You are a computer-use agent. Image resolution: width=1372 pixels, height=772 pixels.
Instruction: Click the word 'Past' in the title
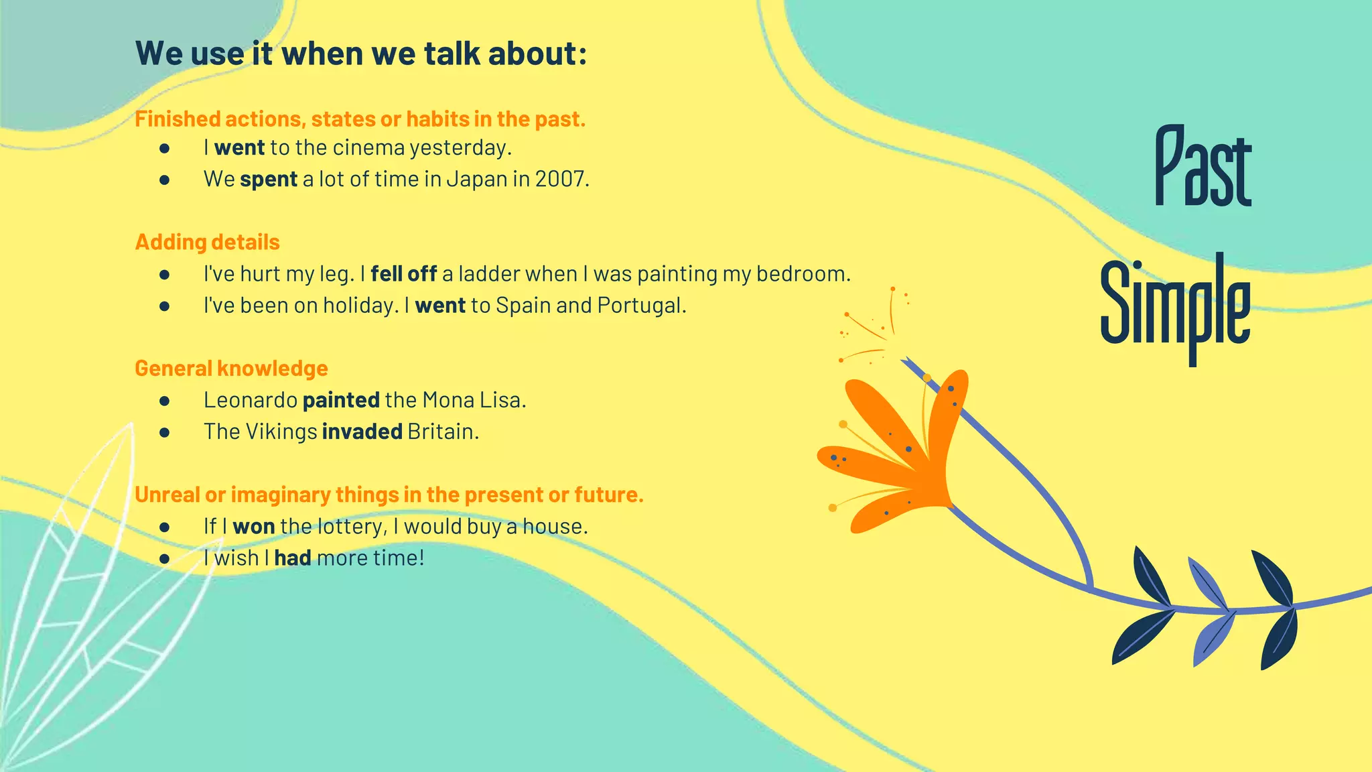1203,168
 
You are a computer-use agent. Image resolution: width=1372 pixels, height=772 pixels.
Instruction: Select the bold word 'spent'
268,180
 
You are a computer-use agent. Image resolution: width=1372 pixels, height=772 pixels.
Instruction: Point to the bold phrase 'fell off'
403,274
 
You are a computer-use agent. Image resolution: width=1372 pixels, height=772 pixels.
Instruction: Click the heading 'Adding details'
207,242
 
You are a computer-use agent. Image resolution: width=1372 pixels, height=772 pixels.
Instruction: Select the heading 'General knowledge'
231,369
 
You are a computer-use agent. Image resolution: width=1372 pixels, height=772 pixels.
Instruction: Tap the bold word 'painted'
341,400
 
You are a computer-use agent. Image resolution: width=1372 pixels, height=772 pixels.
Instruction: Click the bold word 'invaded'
362,432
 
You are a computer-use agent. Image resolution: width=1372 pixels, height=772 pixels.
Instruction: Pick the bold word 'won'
253,527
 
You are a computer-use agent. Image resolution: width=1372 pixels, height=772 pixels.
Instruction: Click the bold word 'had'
292,558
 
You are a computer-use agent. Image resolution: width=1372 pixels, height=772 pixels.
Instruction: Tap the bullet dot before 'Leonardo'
164,401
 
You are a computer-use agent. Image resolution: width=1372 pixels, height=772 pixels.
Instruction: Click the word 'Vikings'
281,432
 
